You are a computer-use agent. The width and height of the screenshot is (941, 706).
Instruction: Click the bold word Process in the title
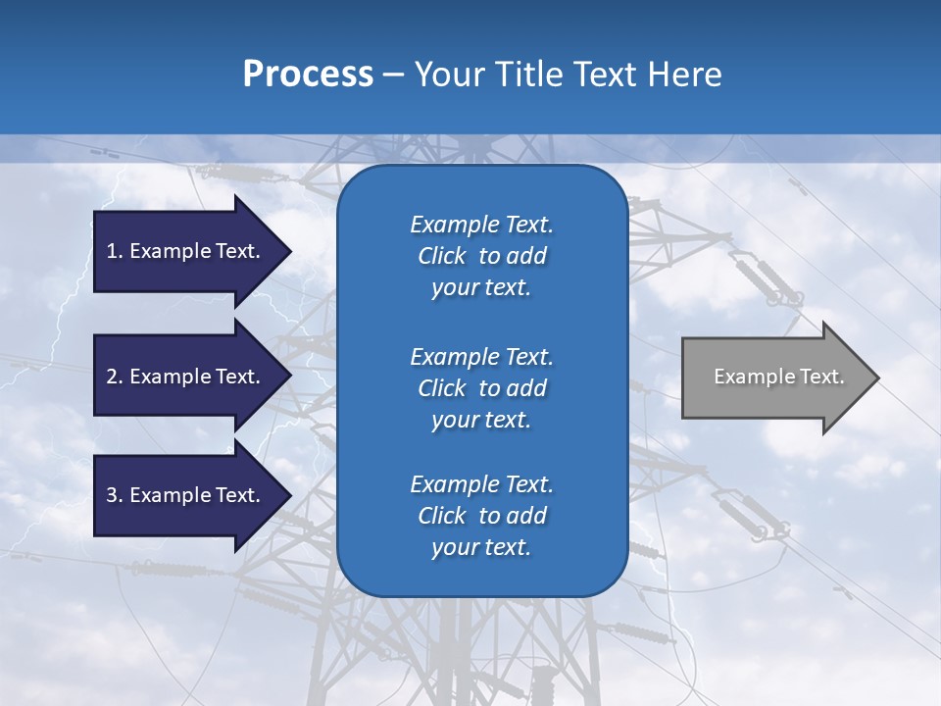click(308, 75)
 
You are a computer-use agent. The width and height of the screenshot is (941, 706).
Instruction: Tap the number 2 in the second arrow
click(112, 377)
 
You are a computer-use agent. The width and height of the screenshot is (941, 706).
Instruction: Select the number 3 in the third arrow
click(112, 495)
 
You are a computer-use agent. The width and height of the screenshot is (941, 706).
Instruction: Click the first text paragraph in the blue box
click(481, 256)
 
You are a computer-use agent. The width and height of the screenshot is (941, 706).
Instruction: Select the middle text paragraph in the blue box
click(481, 388)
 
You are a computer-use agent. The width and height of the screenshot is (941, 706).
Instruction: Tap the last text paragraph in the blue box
click(481, 516)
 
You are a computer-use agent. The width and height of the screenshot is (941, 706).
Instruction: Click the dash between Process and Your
click(393, 75)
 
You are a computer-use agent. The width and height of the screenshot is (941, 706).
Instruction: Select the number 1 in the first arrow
click(111, 251)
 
